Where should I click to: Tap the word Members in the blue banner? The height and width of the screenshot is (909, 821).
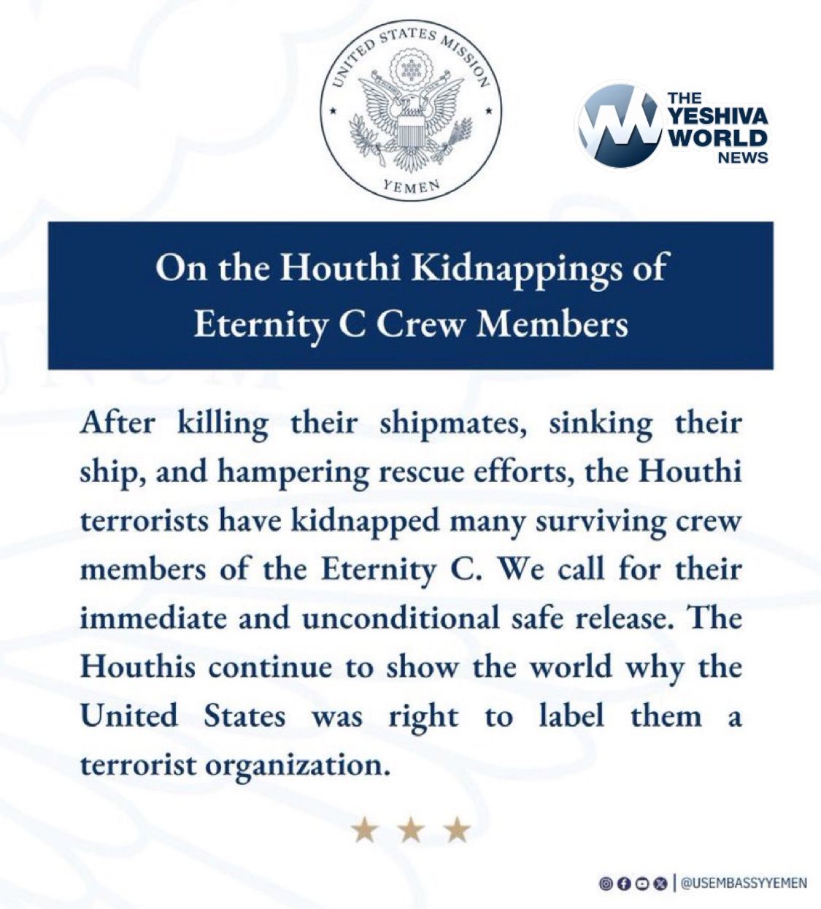tap(552, 323)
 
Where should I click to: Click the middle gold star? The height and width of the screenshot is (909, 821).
tap(411, 829)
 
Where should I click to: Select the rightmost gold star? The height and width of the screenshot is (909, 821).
tap(458, 829)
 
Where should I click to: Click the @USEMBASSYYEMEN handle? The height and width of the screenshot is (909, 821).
tap(744, 883)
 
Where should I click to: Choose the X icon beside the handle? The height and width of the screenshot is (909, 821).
tap(661, 883)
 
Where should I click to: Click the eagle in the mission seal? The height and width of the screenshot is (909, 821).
tap(411, 110)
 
